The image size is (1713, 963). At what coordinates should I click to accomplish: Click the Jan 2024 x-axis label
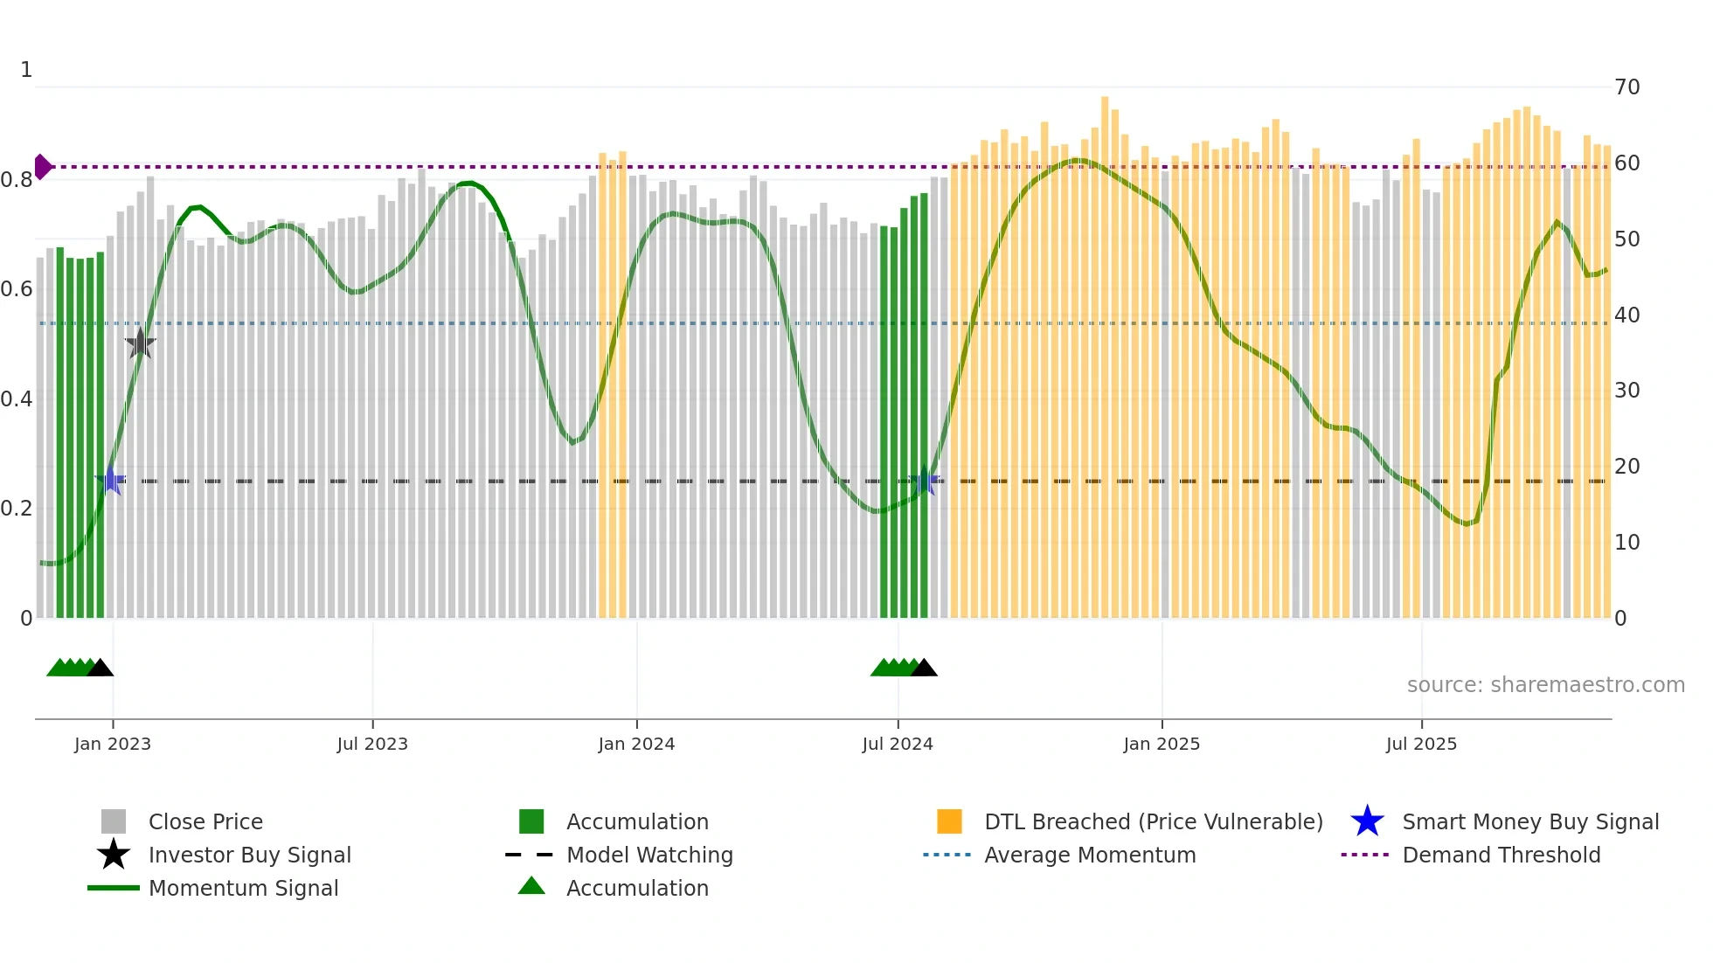pos(636,744)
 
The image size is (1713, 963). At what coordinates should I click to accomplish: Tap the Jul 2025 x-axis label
pos(1421,744)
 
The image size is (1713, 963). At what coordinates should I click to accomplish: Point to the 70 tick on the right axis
pos(1626,87)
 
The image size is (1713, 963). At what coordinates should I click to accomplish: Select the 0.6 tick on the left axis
pos(17,289)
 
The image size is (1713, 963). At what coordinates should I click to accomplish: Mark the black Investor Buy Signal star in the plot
pos(140,343)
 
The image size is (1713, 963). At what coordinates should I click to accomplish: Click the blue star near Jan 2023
pos(111,481)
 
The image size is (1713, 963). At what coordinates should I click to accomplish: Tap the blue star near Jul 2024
pos(926,481)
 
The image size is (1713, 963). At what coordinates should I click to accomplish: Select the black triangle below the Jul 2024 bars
pos(924,668)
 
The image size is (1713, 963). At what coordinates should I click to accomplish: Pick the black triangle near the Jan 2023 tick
pos(101,668)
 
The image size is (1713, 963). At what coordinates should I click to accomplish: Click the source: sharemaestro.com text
pos(1545,685)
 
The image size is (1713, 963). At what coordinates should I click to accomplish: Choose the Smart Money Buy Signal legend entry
pos(1529,821)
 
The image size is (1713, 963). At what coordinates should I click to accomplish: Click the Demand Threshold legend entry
pos(1501,855)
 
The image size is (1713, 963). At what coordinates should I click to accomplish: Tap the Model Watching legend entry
pos(648,855)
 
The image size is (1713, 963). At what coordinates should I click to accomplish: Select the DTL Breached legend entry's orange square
pos(949,821)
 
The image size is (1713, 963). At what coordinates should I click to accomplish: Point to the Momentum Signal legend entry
pos(243,888)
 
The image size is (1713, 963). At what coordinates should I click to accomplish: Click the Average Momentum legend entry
pos(1089,855)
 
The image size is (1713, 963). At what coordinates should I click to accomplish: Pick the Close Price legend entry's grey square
pos(114,821)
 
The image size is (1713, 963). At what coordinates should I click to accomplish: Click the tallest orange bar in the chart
pos(1105,358)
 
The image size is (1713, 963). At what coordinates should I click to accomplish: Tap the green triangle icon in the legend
pos(531,886)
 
